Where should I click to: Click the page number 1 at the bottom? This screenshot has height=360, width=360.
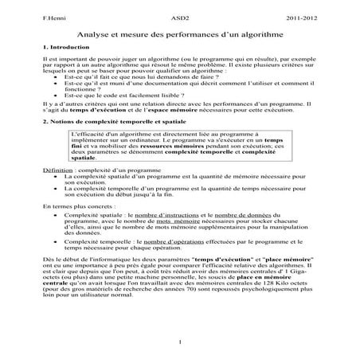pos(182,343)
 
